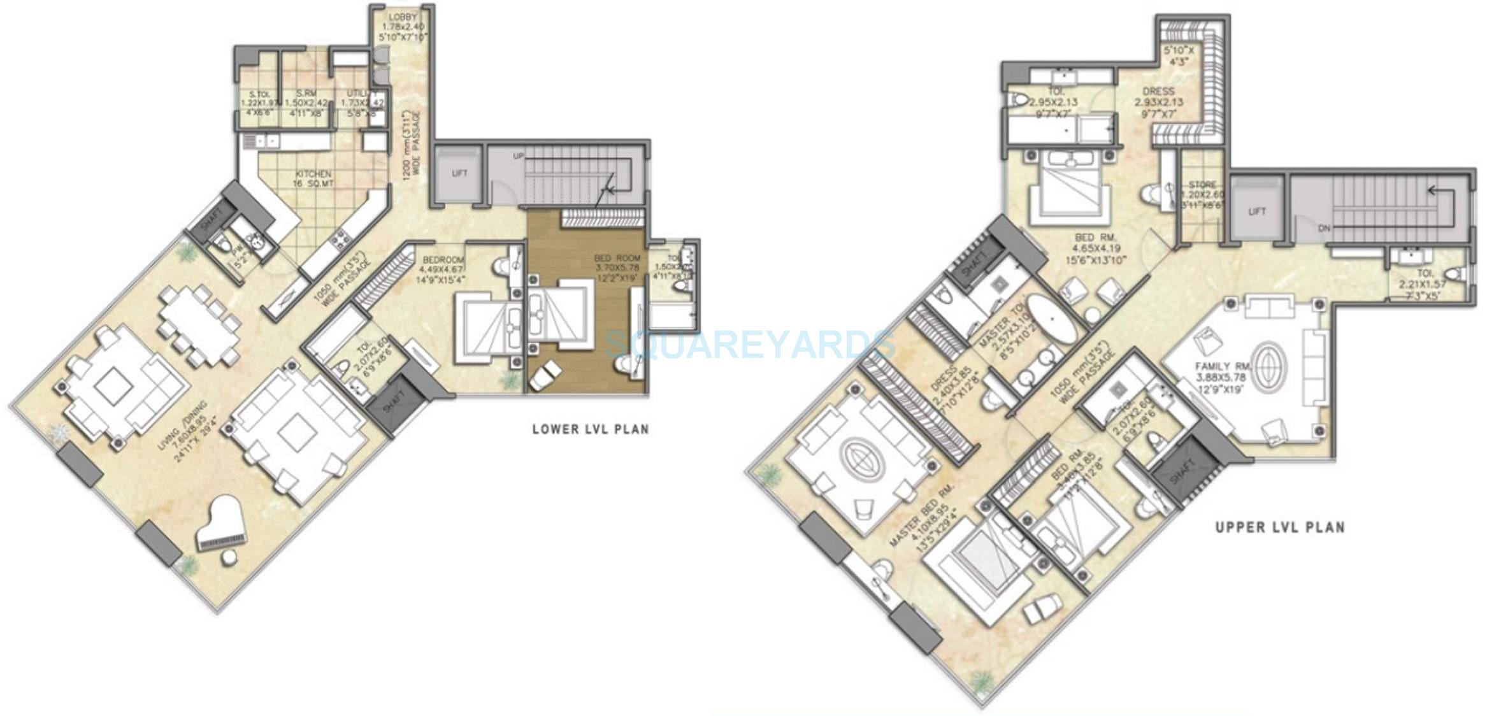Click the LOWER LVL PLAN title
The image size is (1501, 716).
[x=591, y=429]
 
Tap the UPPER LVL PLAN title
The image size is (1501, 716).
[x=1280, y=527]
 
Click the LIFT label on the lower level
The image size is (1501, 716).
[x=459, y=173]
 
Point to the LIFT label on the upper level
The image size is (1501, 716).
[x=1257, y=211]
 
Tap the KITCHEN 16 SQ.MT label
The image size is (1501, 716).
[x=313, y=178]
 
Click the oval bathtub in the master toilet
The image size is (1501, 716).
[x=1050, y=319]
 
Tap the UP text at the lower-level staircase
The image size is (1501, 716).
[x=519, y=156]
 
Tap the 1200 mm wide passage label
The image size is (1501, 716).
[x=412, y=147]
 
